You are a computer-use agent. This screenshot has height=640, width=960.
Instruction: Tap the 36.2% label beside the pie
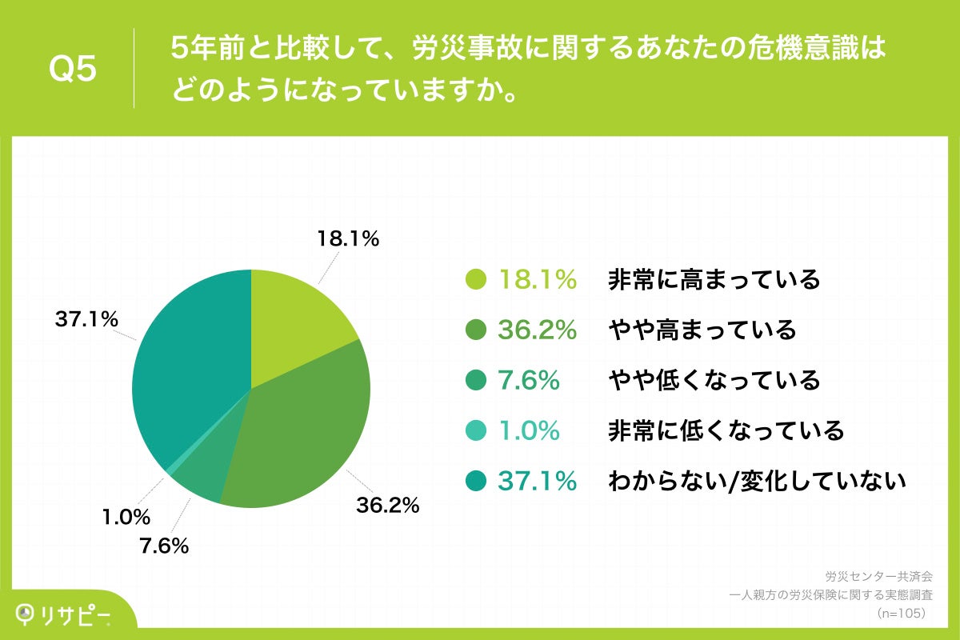click(x=387, y=505)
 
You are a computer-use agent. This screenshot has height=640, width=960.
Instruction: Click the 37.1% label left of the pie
click(x=87, y=320)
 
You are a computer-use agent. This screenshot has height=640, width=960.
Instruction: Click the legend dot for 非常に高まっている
click(x=476, y=280)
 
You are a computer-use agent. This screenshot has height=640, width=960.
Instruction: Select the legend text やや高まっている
click(x=702, y=330)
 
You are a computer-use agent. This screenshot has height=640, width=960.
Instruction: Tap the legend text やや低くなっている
click(x=714, y=380)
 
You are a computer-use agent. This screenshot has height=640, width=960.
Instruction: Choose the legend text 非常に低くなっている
click(x=726, y=430)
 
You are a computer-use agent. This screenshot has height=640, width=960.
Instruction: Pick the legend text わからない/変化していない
click(x=757, y=481)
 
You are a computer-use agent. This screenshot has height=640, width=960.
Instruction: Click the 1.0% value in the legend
click(x=529, y=430)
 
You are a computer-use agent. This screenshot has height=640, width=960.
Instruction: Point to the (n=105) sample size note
click(x=900, y=613)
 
